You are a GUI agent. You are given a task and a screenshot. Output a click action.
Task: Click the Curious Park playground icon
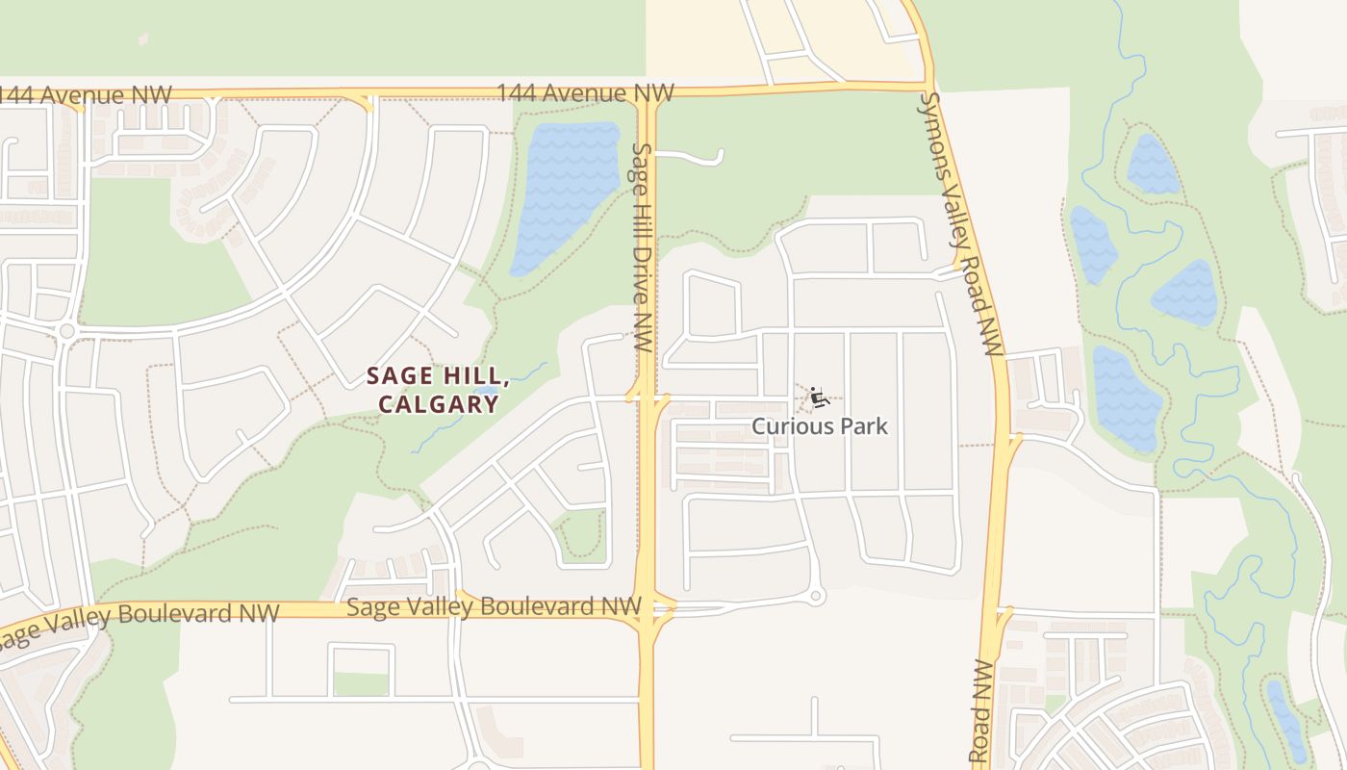[x=819, y=398]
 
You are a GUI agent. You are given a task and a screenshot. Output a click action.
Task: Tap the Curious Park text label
[x=820, y=425]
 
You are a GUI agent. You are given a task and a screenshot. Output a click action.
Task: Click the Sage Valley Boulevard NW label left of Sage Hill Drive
[x=494, y=606]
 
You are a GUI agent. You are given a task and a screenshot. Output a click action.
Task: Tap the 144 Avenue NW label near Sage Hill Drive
[x=585, y=93]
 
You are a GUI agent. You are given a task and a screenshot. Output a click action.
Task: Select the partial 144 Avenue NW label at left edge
[x=85, y=95]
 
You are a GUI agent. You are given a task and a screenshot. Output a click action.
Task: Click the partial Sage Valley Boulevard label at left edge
[x=140, y=624]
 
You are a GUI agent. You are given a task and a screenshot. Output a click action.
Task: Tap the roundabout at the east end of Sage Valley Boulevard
[x=816, y=597]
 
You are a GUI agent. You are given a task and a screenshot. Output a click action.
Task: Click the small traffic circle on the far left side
[x=65, y=331]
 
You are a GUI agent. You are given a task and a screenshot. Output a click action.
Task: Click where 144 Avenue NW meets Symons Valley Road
[x=926, y=85]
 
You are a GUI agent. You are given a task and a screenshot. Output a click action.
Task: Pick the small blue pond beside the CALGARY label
[x=487, y=394]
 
